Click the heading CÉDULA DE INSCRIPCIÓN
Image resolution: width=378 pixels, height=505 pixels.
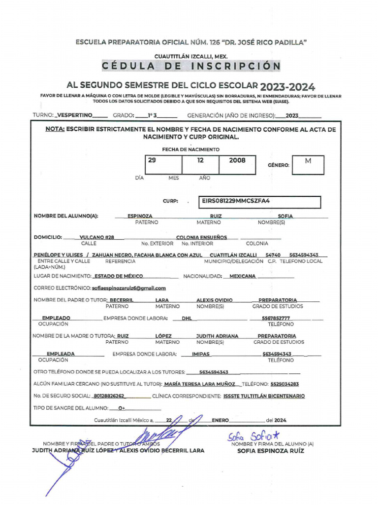pyautogui.click(x=191, y=66)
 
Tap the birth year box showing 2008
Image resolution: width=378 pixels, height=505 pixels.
pyautogui.click(x=237, y=165)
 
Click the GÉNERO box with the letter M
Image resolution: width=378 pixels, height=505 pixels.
pyautogui.click(x=308, y=165)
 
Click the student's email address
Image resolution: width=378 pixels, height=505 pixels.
pyautogui.click(x=129, y=288)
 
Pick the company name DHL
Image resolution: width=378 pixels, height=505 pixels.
pyautogui.click(x=187, y=318)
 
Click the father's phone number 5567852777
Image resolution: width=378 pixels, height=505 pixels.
pyautogui.click(x=276, y=318)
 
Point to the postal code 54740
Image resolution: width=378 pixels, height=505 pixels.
pyautogui.click(x=273, y=255)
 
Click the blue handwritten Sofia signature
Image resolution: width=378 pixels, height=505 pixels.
pyautogui.click(x=253, y=436)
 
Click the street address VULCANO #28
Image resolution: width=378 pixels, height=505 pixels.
pyautogui.click(x=97, y=237)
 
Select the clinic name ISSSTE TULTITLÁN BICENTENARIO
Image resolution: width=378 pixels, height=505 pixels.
pyautogui.click(x=264, y=396)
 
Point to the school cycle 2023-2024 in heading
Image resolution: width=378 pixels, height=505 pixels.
pyautogui.click(x=288, y=87)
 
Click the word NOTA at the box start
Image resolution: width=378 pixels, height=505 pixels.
pyautogui.click(x=55, y=129)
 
